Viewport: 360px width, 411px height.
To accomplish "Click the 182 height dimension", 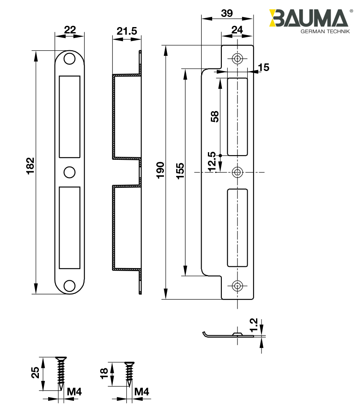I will [x=30, y=167].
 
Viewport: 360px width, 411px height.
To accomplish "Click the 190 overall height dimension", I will [x=160, y=170].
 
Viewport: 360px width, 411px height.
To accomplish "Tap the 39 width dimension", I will [x=227, y=13].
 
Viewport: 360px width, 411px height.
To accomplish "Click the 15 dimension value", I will [x=263, y=67].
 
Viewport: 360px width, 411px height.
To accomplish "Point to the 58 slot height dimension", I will [x=214, y=117].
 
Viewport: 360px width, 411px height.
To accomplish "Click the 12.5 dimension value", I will [x=212, y=162].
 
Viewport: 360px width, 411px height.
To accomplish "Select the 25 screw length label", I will [x=35, y=373].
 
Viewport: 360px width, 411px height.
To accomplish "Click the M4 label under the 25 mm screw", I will [x=74, y=392].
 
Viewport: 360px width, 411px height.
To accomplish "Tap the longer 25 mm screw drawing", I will [x=61, y=373].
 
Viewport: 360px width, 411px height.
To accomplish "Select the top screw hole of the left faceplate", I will [x=69, y=58].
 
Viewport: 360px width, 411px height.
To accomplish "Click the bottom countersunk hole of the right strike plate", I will [x=237, y=286].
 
